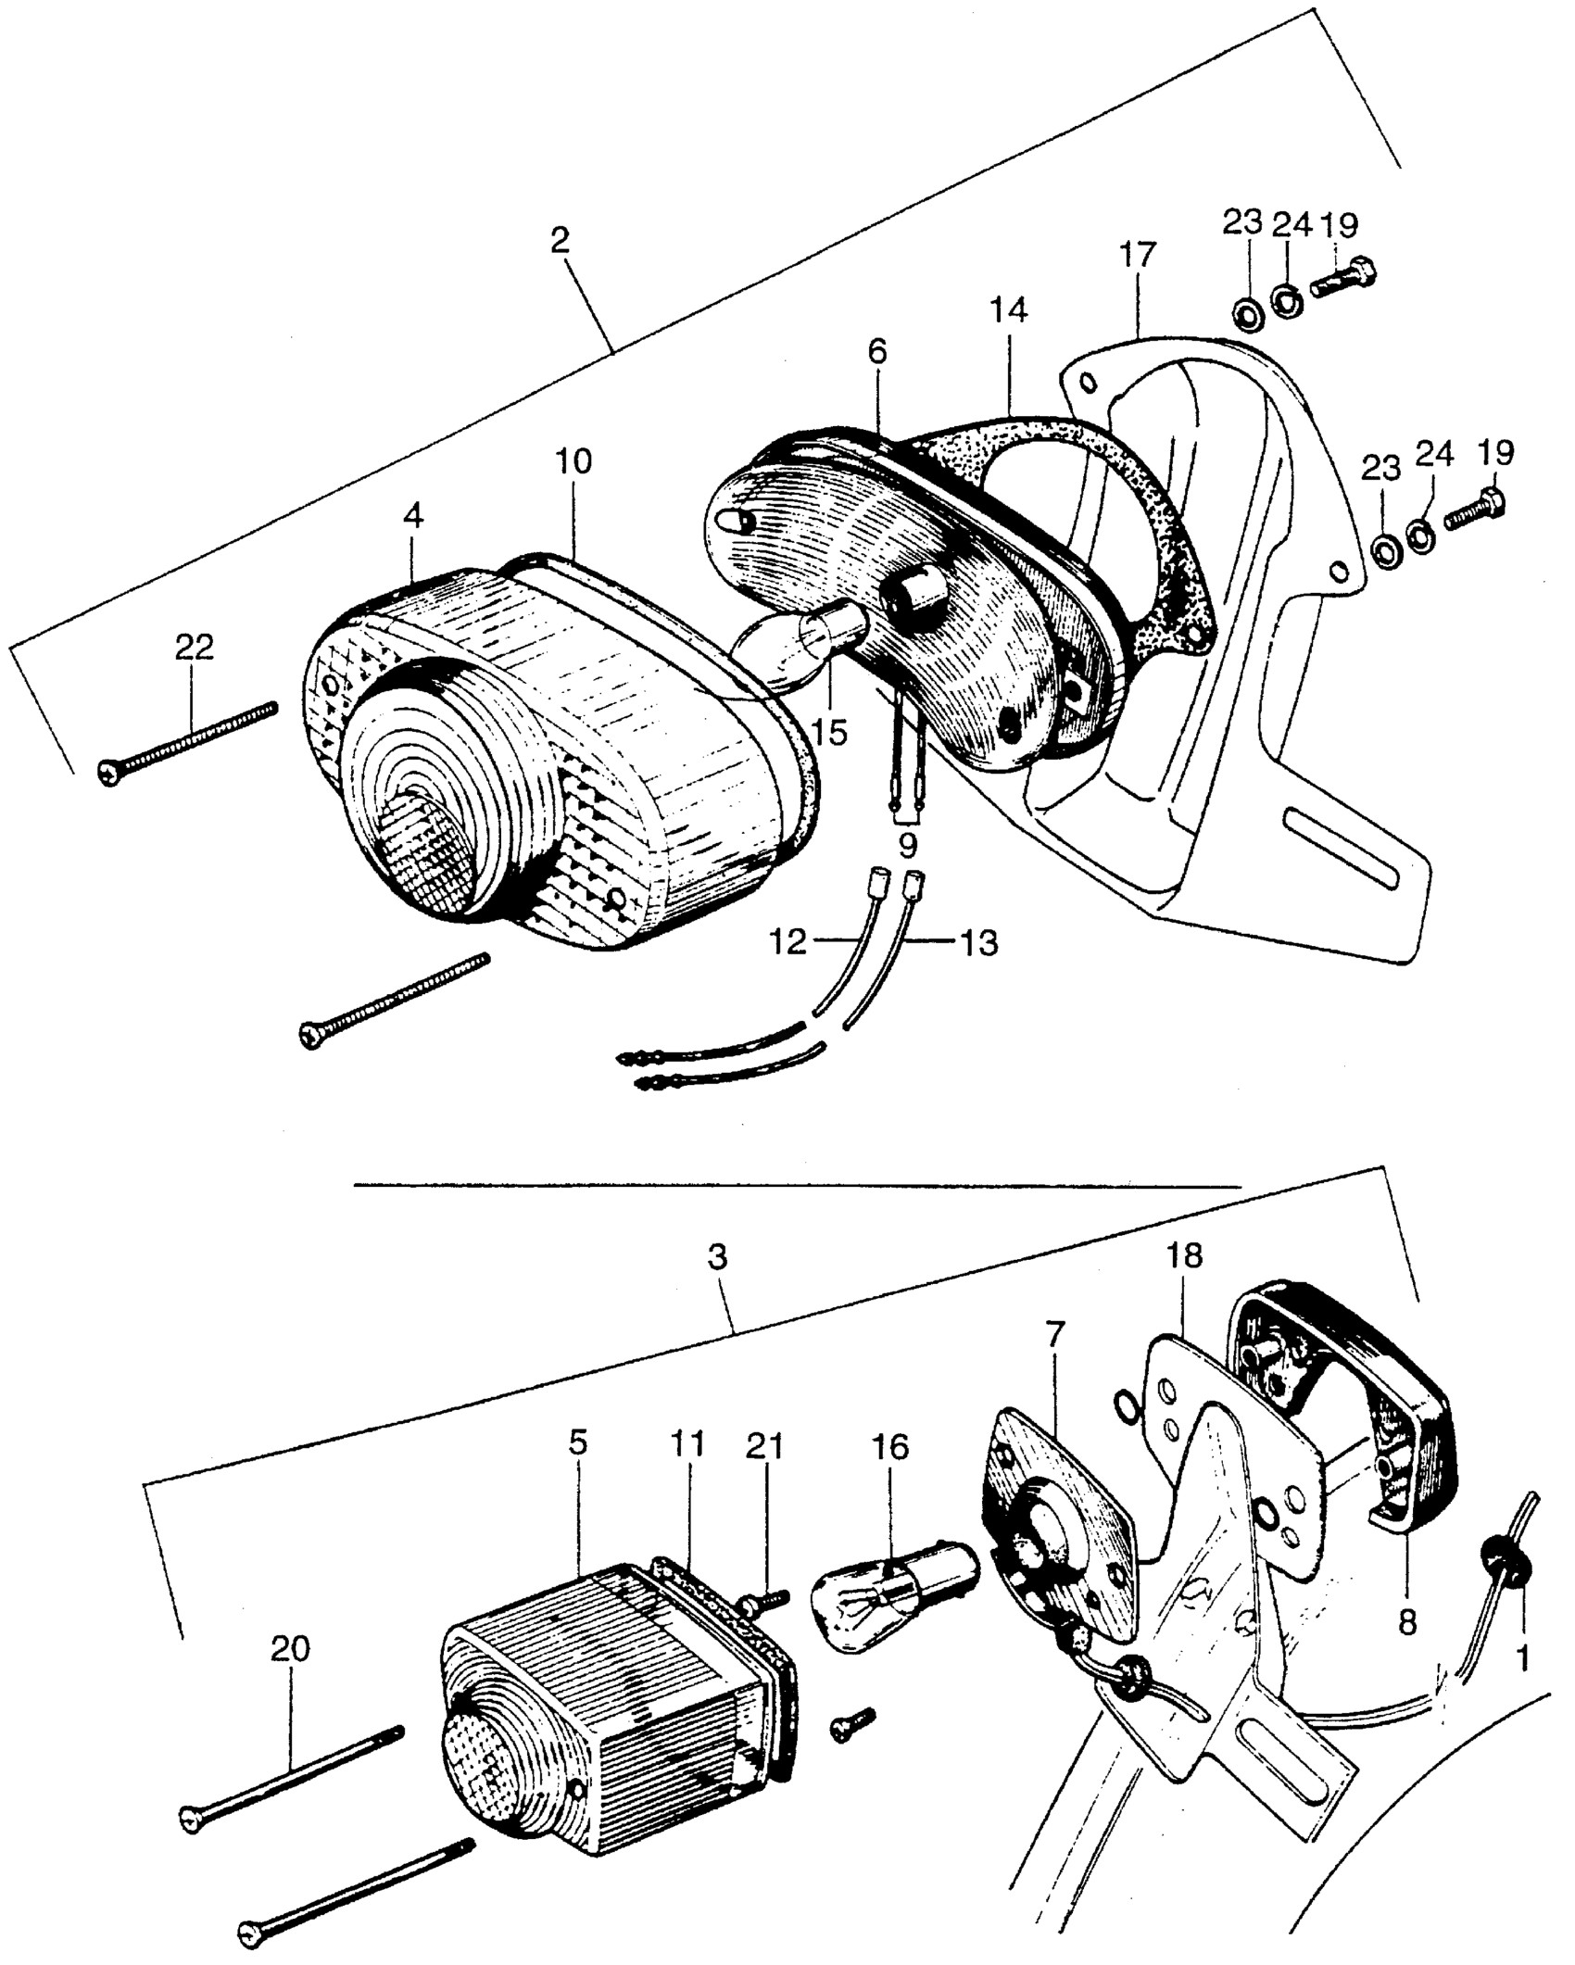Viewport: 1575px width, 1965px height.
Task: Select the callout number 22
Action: (x=195, y=647)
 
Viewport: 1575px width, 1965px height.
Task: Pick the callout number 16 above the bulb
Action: (x=890, y=1446)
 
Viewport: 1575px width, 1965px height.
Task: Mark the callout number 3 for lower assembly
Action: (x=717, y=1257)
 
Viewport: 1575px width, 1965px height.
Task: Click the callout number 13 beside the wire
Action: (x=978, y=944)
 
